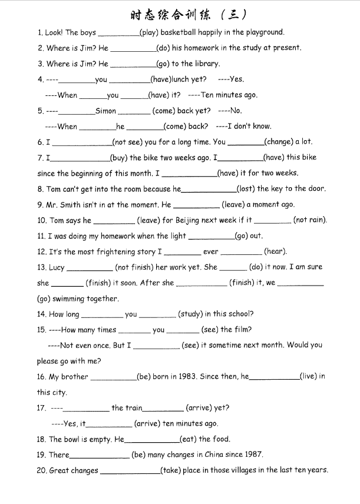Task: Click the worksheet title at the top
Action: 187,14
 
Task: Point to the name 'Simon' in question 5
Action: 105,111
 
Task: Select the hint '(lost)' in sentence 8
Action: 246,189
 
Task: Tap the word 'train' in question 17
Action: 134,408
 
